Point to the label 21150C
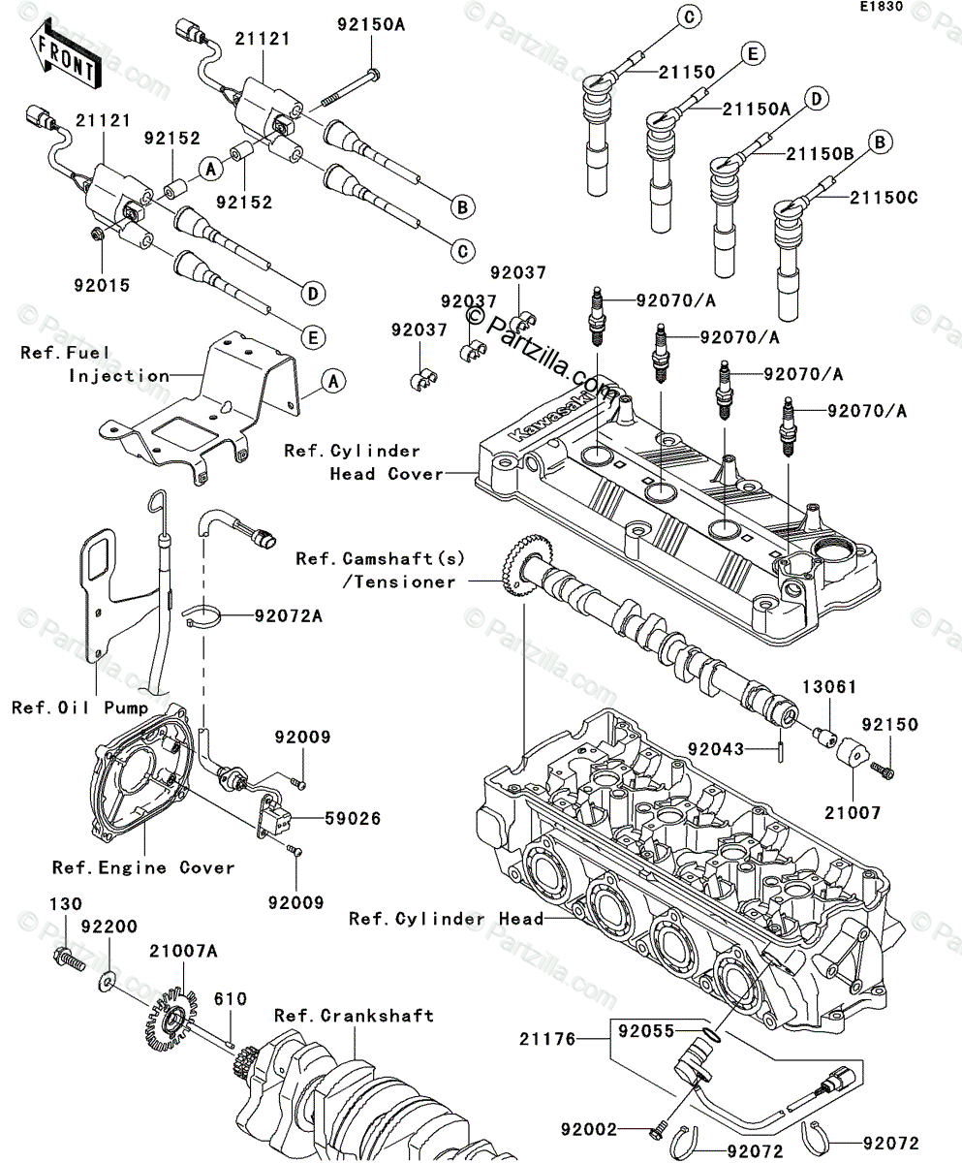884,198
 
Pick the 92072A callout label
290,615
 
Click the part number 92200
109,927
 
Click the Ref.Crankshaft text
354,1016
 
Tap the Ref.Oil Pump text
80,707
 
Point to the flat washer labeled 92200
107,983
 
